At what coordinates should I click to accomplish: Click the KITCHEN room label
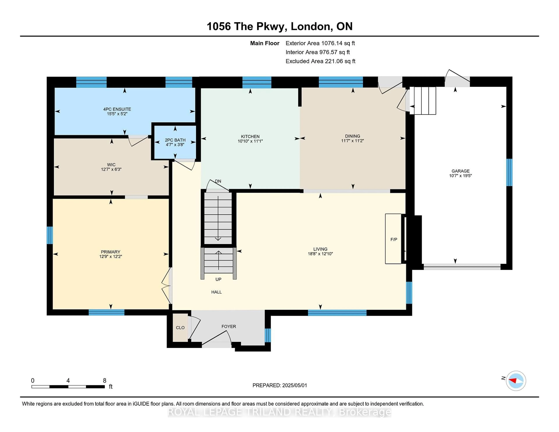[x=250, y=136]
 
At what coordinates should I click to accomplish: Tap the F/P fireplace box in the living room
[x=393, y=239]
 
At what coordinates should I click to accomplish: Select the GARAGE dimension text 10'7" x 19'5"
[x=460, y=176]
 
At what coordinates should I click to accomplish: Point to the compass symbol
[x=516, y=381]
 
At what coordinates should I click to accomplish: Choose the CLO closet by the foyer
[x=180, y=328]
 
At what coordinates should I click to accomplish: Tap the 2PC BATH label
[x=175, y=140]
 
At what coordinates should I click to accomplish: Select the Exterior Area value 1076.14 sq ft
[x=338, y=43]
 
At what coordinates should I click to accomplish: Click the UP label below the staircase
[x=218, y=279]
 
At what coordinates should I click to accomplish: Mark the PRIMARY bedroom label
[x=111, y=252]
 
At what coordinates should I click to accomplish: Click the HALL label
[x=216, y=292]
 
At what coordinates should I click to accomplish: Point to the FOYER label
[x=229, y=327]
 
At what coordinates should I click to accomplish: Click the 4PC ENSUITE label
[x=117, y=109]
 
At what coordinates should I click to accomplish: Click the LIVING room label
[x=320, y=249]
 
